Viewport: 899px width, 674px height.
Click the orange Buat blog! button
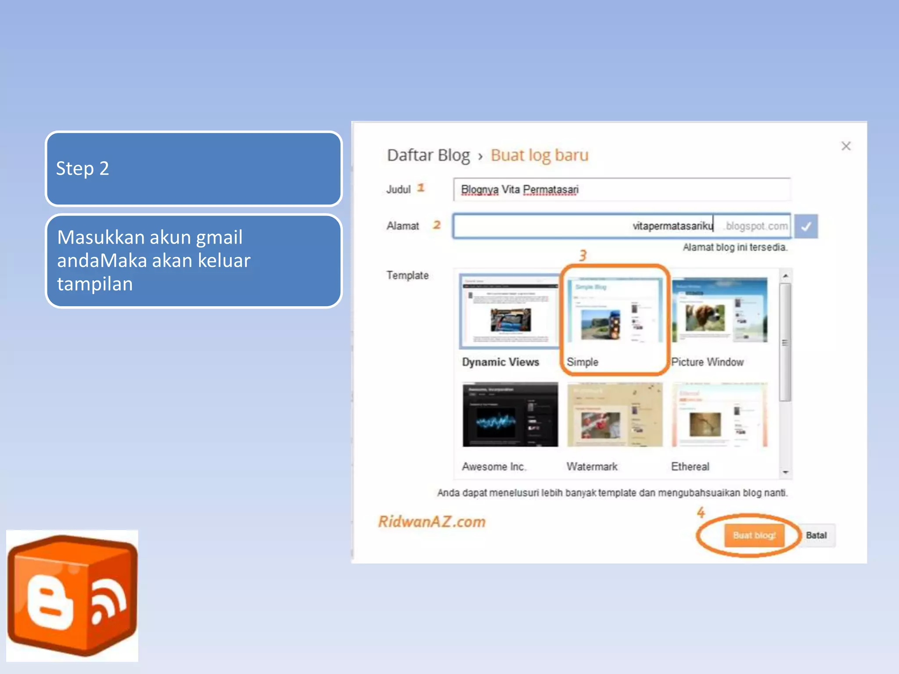tap(754, 535)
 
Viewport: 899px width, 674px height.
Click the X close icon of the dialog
tap(846, 146)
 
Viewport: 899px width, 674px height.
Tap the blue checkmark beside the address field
tap(806, 226)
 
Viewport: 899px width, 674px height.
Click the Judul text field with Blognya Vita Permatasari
tap(622, 190)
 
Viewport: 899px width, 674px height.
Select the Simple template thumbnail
tap(615, 311)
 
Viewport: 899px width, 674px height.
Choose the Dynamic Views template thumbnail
tap(509, 311)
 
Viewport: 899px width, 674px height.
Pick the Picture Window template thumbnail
tap(720, 310)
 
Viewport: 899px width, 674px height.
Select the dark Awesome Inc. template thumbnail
tap(510, 415)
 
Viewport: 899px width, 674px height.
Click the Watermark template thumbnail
tap(615, 415)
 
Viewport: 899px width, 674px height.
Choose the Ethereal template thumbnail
tap(720, 415)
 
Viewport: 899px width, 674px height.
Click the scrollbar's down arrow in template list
tap(785, 473)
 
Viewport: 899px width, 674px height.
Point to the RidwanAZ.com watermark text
tap(432, 522)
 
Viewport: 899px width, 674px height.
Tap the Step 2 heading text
tap(83, 168)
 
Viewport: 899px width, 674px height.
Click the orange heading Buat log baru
tap(539, 155)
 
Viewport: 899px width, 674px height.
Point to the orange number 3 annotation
tap(583, 255)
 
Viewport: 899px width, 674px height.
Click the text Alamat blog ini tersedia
tap(735, 247)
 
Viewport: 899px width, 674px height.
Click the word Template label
tap(407, 276)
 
